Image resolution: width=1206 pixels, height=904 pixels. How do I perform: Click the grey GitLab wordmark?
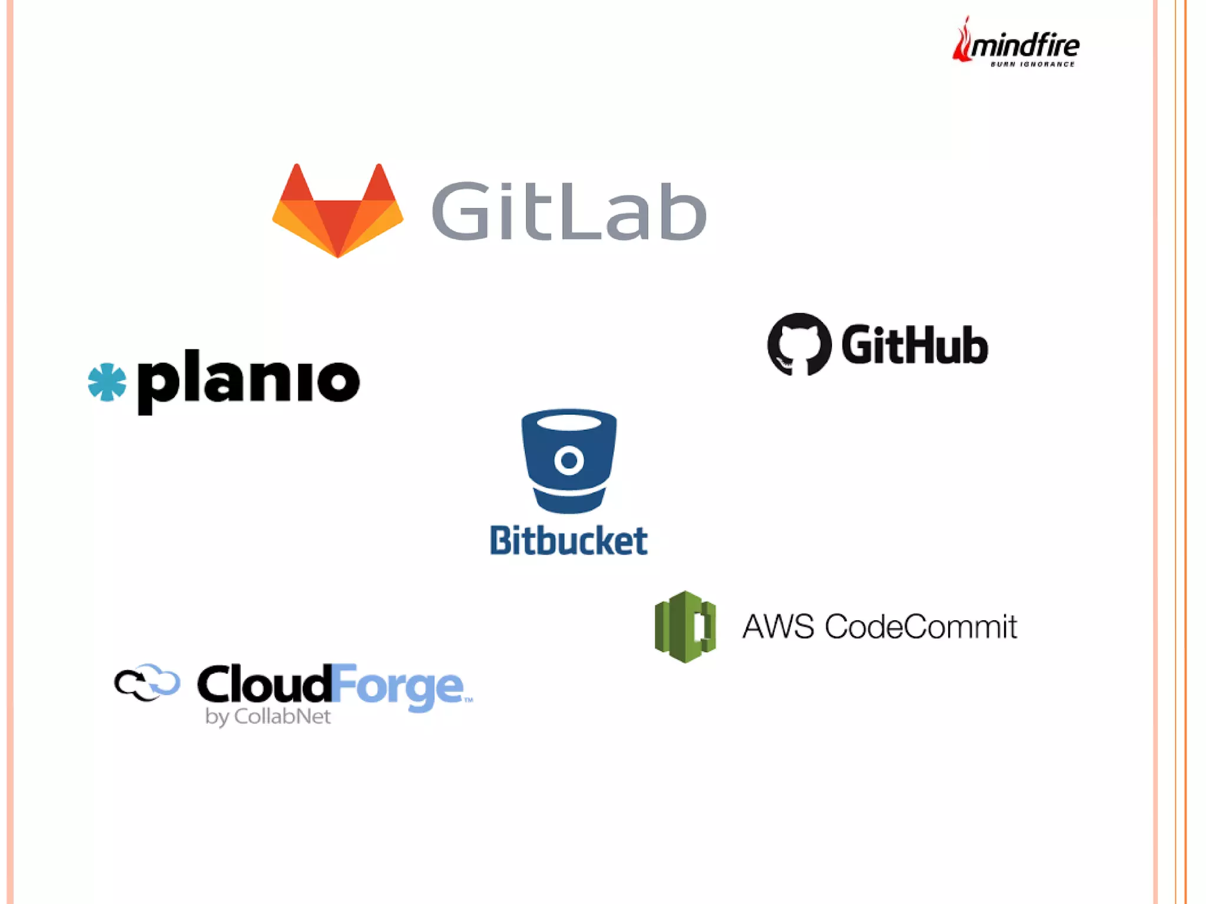[569, 211]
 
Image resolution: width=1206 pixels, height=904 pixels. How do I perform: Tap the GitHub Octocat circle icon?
[799, 344]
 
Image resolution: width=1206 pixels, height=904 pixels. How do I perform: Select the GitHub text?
[915, 345]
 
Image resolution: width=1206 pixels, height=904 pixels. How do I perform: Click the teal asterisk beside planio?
[107, 382]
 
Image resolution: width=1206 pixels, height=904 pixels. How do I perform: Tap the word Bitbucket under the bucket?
[569, 541]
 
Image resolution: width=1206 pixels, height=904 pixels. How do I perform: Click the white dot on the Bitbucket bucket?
[569, 461]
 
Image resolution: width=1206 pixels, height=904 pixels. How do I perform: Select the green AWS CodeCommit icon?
[685, 627]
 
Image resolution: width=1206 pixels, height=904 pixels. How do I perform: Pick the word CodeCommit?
[921, 627]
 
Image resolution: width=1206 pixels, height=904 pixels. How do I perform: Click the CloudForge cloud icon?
[147, 683]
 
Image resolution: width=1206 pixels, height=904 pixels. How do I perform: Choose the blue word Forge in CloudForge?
[397, 687]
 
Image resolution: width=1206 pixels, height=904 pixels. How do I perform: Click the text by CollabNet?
[268, 717]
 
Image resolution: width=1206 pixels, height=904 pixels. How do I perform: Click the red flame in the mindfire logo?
[962, 41]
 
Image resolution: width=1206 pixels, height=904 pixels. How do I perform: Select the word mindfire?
[1025, 45]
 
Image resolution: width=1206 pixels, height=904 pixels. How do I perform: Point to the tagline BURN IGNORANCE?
[1032, 64]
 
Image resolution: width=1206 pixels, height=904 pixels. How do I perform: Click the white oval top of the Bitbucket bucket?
[569, 422]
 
